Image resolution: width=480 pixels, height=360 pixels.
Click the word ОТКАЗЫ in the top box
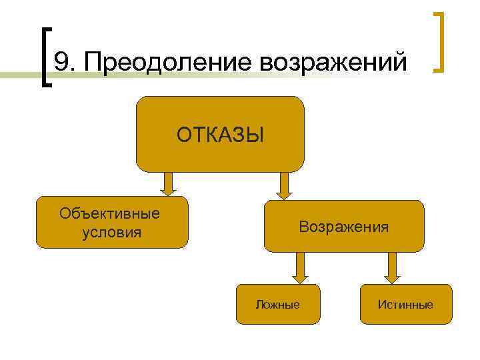[x=220, y=135]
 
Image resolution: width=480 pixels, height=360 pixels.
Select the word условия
[x=112, y=233]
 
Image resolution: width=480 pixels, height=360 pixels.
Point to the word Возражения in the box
[x=343, y=227]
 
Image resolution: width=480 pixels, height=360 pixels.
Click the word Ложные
[x=277, y=305]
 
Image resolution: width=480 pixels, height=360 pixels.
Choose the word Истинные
[x=405, y=305]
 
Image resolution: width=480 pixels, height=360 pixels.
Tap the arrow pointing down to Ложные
[x=300, y=268]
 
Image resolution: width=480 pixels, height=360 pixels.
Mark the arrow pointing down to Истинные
[x=392, y=268]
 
